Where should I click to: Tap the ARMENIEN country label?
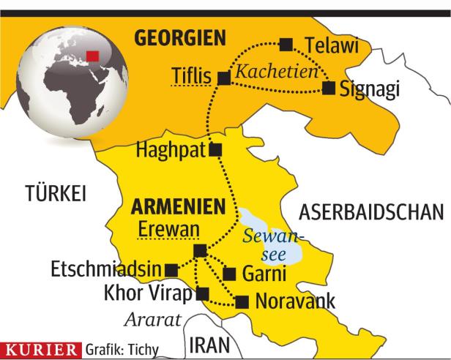click(x=176, y=207)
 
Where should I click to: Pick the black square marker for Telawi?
click(x=286, y=44)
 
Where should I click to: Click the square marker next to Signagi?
click(x=329, y=89)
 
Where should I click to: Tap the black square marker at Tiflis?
click(x=224, y=77)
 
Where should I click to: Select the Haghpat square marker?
click(x=215, y=150)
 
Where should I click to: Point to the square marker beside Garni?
click(x=228, y=274)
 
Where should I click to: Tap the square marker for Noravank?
click(x=242, y=301)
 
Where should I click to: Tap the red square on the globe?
click(x=92, y=57)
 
